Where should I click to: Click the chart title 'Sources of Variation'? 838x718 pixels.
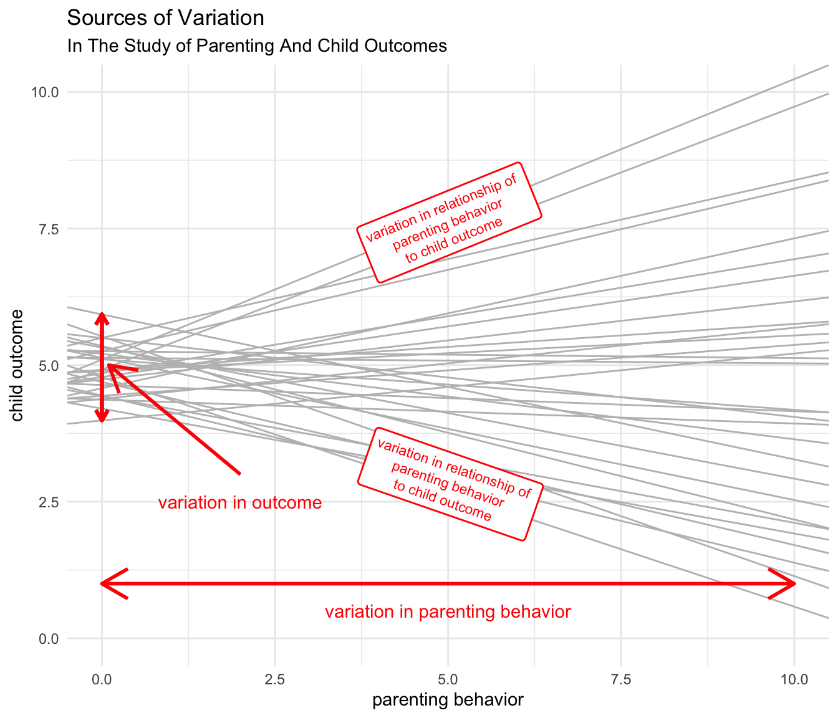click(165, 18)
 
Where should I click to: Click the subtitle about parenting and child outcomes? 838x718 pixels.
click(257, 46)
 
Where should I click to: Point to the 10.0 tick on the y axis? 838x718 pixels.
click(45, 92)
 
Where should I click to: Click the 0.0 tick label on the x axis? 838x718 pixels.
click(102, 679)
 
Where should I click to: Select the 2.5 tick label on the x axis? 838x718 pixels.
click(275, 679)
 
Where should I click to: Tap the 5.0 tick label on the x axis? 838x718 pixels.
click(448, 679)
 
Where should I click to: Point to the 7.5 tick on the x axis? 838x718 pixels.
click(622, 679)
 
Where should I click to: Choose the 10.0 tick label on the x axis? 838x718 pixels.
click(794, 679)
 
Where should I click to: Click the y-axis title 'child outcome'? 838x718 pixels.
click(17, 365)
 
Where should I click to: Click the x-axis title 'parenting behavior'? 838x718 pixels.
click(448, 700)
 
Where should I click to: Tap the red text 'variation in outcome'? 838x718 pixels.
click(240, 503)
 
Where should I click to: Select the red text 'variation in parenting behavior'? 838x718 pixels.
click(448, 612)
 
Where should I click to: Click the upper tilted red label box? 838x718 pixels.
click(449, 223)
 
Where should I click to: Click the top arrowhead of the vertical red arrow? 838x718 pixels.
click(102, 317)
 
